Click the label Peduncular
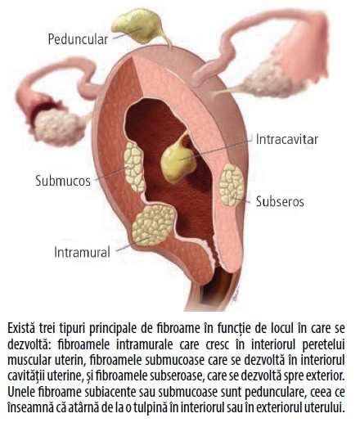(x=78, y=39)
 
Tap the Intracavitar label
(x=287, y=139)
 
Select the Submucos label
(x=63, y=181)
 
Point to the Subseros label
(x=280, y=202)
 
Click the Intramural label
(x=82, y=252)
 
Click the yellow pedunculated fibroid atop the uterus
(x=137, y=26)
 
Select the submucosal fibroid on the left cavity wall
(x=134, y=166)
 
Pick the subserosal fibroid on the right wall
(x=232, y=185)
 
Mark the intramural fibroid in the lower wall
(x=154, y=225)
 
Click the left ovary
(x=59, y=127)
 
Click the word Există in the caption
(x=21, y=328)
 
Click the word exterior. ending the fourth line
(x=324, y=376)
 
